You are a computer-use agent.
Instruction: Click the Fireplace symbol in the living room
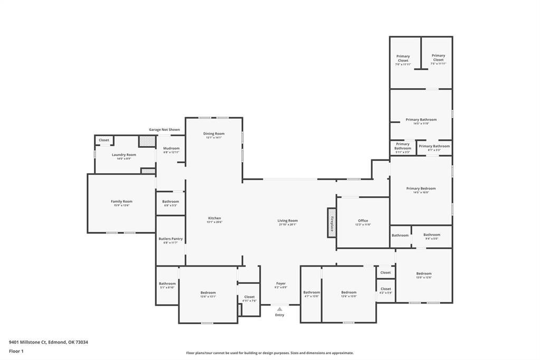331,222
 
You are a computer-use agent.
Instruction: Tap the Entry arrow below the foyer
279,309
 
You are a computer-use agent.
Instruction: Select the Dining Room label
214,134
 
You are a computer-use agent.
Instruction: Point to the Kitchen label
214,218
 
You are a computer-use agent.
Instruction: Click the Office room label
363,221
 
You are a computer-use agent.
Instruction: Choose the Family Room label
121,201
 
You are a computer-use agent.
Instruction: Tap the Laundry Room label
124,155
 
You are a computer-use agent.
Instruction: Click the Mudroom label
171,148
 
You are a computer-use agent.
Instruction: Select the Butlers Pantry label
170,239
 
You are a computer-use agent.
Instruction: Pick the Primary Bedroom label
421,188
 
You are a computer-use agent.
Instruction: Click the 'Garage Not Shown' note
164,129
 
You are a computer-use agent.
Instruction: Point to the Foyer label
281,283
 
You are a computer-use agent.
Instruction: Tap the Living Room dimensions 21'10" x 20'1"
288,224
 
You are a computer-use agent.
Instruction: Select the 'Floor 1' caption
16,351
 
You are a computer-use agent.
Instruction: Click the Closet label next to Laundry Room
104,140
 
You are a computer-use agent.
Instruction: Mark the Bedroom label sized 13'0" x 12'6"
423,273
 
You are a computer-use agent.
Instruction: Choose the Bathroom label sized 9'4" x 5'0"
431,235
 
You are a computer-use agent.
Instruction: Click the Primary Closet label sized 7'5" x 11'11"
438,55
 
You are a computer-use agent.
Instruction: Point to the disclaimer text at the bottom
270,353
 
